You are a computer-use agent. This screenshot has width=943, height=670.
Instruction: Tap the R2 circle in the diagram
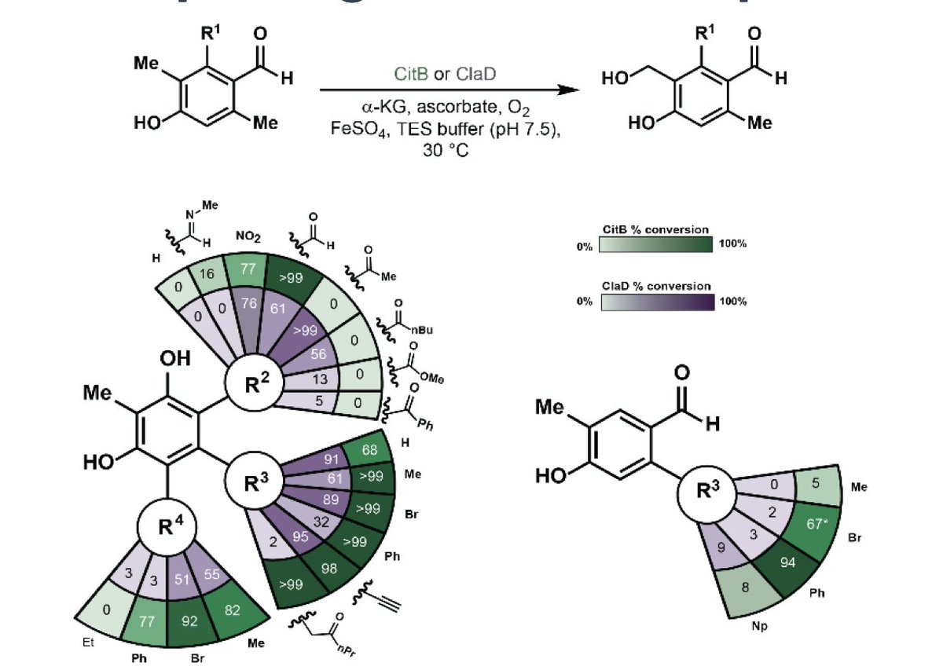coord(251,385)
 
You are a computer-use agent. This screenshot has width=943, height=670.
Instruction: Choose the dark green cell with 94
coord(787,562)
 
